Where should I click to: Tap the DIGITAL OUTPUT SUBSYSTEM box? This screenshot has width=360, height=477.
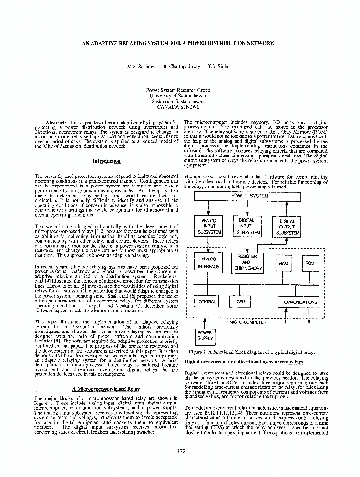click(287, 227)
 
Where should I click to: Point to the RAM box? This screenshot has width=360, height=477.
click(283, 263)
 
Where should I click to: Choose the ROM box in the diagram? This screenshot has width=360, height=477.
click(309, 263)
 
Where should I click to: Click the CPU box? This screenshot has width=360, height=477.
click(240, 302)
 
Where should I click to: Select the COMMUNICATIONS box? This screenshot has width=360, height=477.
click(299, 302)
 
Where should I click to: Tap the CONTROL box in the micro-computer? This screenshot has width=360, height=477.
click(207, 302)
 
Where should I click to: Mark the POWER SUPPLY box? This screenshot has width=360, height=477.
click(205, 336)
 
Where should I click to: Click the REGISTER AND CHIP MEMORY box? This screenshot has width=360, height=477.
click(247, 262)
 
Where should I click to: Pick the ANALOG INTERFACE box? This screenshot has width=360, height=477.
click(208, 262)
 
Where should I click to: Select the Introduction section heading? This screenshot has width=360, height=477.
click(106, 161)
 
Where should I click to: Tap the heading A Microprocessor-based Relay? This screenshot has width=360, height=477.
click(106, 389)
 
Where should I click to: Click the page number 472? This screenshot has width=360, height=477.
click(181, 451)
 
